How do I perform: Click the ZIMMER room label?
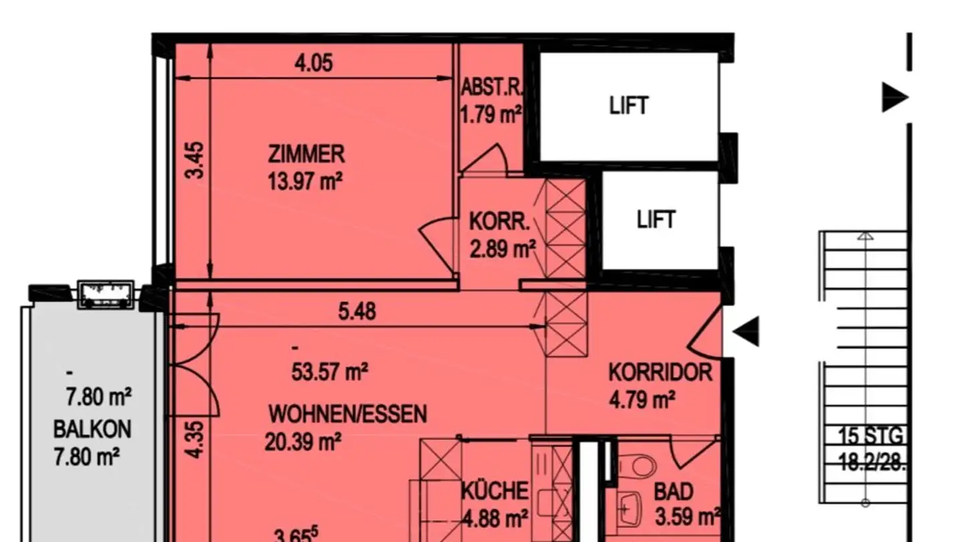306,155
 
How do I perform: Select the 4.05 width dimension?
314,64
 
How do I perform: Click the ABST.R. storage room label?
491,87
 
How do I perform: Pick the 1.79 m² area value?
491,114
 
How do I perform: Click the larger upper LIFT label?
629,106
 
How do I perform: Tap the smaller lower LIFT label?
656,219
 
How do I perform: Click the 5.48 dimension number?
357,311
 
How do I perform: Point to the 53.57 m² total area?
330,371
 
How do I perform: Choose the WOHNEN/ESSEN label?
347,414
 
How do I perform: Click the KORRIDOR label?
660,372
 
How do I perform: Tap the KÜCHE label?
495,491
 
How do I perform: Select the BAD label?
673,493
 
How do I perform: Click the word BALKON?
92,429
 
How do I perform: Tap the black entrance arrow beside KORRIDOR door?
746,331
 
